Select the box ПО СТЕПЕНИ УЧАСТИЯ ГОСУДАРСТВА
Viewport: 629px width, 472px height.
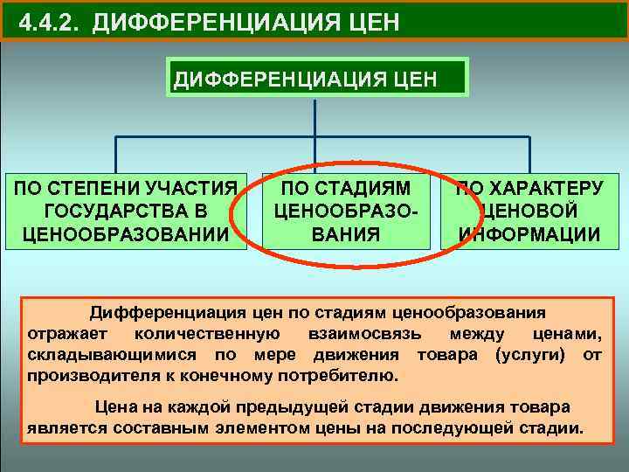tap(126, 211)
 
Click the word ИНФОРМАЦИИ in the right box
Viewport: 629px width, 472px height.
tap(530, 234)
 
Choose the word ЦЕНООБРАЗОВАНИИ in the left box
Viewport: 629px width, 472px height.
tap(126, 233)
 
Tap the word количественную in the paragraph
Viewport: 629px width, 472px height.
tap(207, 334)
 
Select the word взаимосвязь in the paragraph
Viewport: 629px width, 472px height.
tap(365, 334)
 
